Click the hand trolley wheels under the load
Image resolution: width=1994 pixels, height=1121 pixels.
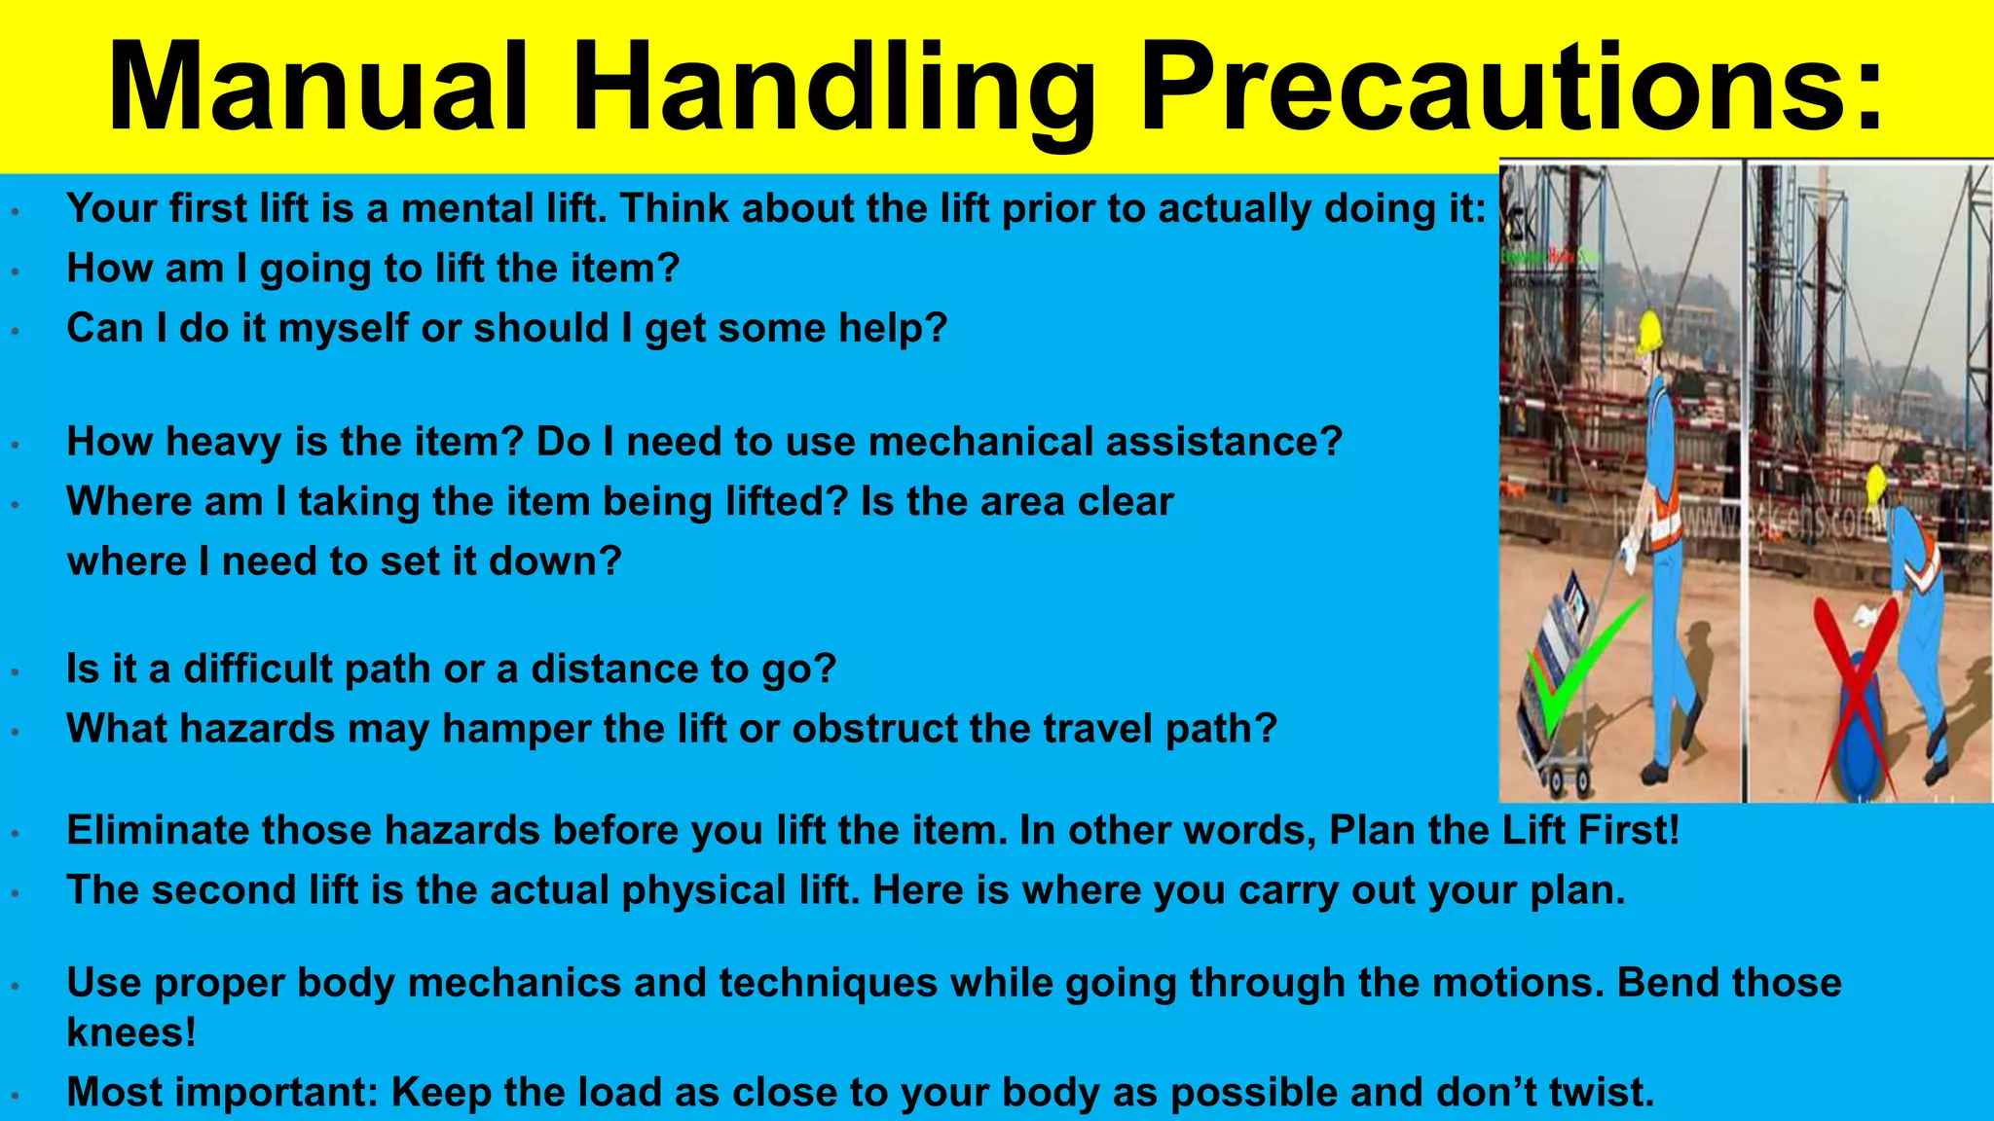(1564, 778)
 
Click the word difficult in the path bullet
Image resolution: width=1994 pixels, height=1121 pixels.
(257, 669)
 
